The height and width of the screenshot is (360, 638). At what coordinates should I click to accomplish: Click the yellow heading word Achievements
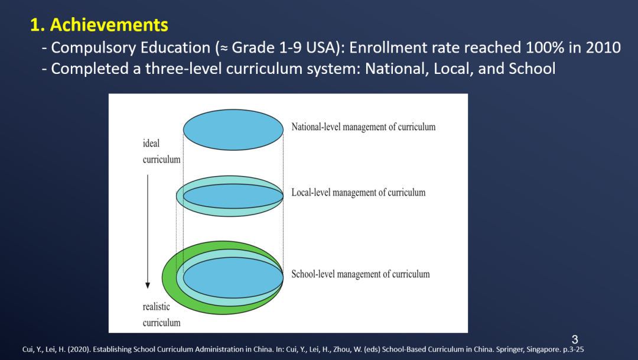click(x=109, y=25)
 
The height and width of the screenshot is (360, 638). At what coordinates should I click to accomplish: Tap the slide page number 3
click(x=575, y=339)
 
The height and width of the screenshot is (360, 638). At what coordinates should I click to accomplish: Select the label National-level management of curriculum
click(x=363, y=127)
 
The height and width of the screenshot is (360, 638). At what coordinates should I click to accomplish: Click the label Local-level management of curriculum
click(x=359, y=193)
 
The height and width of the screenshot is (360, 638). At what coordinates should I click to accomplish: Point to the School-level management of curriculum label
click(x=360, y=274)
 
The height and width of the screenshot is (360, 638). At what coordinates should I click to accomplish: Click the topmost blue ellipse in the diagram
click(x=233, y=129)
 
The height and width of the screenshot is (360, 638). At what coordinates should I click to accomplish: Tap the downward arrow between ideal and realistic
click(x=148, y=232)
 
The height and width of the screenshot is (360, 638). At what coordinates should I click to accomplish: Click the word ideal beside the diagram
click(x=151, y=143)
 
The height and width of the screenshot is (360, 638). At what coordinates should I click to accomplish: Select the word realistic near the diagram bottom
click(x=156, y=307)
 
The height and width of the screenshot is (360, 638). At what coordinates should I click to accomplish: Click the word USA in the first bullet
click(x=321, y=48)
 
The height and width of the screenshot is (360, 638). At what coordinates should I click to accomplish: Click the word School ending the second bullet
click(x=532, y=69)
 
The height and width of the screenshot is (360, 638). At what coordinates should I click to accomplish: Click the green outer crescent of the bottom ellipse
click(x=170, y=281)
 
